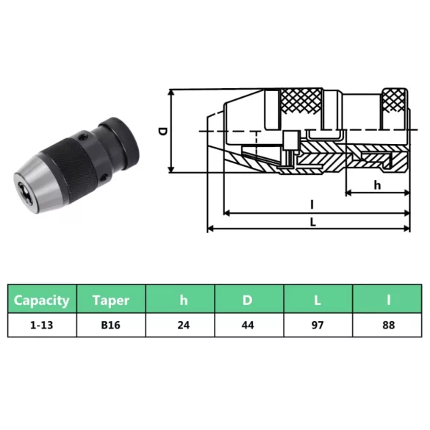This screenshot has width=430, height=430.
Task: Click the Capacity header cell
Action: coord(42,300)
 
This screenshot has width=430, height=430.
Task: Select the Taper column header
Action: coord(111,300)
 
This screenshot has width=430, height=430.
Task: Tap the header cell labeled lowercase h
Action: coord(180,300)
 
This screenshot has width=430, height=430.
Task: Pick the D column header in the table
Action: coord(249,300)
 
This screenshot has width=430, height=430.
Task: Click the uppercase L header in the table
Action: coord(318,300)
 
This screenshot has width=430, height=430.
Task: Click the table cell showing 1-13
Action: coord(42,325)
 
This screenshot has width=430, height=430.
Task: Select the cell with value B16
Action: coord(111,325)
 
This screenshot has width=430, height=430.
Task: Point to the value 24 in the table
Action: coord(180,325)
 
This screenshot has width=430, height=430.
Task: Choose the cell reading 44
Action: coord(249,325)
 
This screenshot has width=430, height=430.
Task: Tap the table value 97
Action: coord(318,325)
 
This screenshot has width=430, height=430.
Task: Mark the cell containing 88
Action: coord(387,325)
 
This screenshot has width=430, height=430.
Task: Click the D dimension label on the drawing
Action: coord(162,131)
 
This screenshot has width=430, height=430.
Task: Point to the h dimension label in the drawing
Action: coord(377,185)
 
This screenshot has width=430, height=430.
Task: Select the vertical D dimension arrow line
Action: coord(173,131)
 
